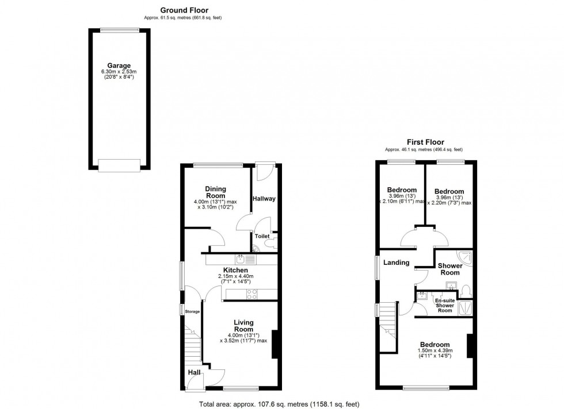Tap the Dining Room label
(x=216, y=192)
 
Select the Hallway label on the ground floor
(x=264, y=199)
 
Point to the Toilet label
(x=262, y=236)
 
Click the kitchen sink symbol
(x=241, y=259)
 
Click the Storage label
(x=192, y=311)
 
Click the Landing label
(x=397, y=263)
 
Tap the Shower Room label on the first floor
(x=450, y=269)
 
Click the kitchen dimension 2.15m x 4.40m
(x=235, y=276)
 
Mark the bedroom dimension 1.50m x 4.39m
(x=435, y=350)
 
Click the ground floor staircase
(x=193, y=348)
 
